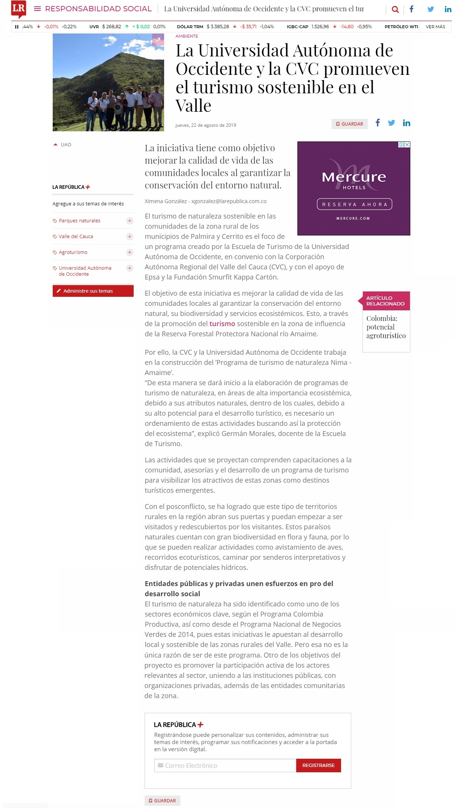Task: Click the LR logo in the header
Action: coord(18,9)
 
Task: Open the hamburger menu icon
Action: coord(37,9)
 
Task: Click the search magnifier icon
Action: coord(395,9)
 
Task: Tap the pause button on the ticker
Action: coord(17,27)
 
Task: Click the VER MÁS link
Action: coord(435,27)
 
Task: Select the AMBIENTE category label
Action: coord(187,36)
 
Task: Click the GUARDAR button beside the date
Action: coord(349,124)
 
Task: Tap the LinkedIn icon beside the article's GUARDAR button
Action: coord(406,123)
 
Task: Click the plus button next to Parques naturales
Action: coord(129,221)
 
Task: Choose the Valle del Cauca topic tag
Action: coord(76,237)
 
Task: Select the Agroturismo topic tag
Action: coord(73,252)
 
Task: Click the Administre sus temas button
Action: coord(93,291)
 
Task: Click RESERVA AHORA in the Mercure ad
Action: coord(354,204)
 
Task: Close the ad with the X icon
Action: coord(407,145)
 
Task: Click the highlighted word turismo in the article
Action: coord(222,324)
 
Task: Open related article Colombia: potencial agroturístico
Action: coord(386,327)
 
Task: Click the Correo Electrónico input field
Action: coord(225,765)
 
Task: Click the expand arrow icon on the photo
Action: coord(158,39)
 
